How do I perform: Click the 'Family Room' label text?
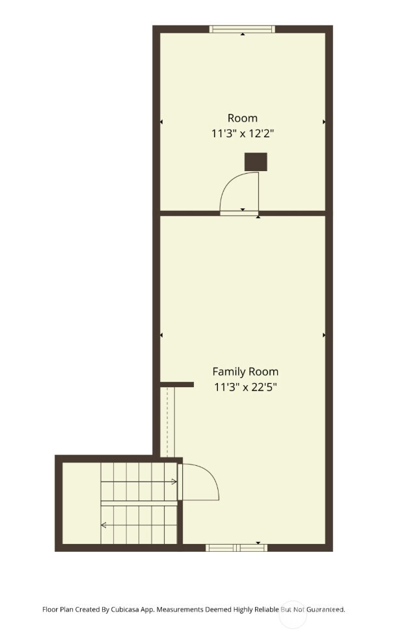click(x=245, y=372)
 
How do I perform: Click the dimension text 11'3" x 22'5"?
click(x=245, y=387)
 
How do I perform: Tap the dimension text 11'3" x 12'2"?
click(x=243, y=133)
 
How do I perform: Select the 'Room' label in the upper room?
click(x=243, y=118)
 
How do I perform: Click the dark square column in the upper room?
click(x=256, y=162)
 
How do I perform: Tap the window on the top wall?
click(x=242, y=29)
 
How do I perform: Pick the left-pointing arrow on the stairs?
click(x=103, y=524)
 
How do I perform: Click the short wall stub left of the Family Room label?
click(x=177, y=385)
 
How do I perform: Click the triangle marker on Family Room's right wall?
click(x=324, y=335)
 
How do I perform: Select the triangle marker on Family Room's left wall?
click(x=161, y=335)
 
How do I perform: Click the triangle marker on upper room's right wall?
click(x=324, y=122)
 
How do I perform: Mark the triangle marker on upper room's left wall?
click(x=161, y=122)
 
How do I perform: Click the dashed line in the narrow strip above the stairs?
click(x=167, y=423)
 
